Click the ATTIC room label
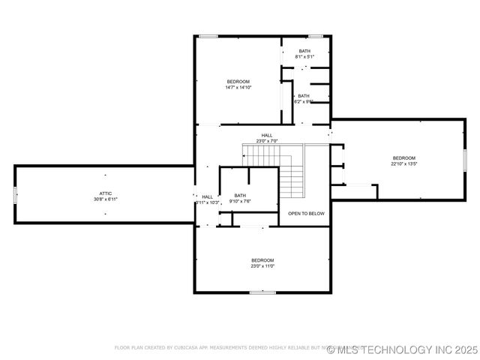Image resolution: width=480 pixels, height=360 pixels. [x=106, y=193]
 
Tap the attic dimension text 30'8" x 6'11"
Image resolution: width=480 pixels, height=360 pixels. [x=106, y=199]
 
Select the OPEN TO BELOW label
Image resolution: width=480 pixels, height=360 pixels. [x=307, y=214]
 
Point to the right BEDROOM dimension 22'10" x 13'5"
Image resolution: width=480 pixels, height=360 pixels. [x=403, y=163]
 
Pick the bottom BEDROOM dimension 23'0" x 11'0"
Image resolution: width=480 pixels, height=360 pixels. [x=262, y=265]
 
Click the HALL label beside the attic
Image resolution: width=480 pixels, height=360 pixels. [x=208, y=196]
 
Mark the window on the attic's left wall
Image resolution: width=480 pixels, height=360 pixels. [x=15, y=194]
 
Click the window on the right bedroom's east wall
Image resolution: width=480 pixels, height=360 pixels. [x=465, y=159]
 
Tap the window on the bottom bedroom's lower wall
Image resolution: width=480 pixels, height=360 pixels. [x=262, y=292]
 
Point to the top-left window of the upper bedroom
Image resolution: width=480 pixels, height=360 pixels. [x=208, y=36]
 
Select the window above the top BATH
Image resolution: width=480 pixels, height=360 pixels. [x=316, y=36]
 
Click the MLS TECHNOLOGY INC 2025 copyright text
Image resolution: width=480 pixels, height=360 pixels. [x=402, y=349]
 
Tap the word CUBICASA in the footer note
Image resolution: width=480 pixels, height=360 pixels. [x=182, y=348]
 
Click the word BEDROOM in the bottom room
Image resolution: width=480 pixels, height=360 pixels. [x=262, y=259]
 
